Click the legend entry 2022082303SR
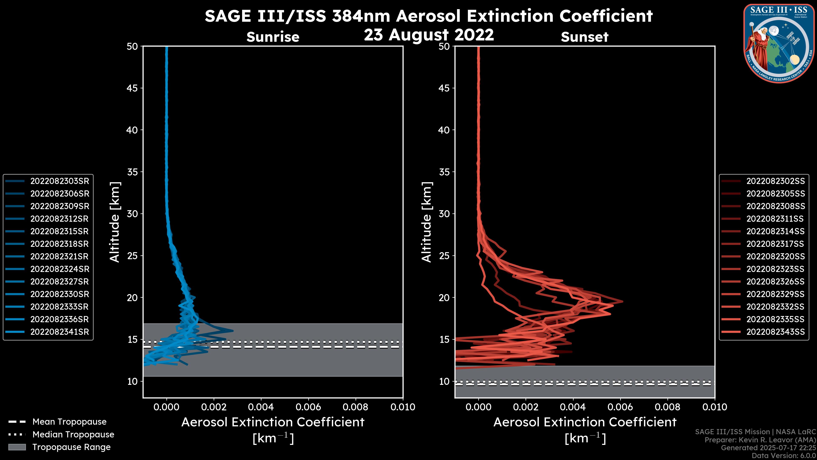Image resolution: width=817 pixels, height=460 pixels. [60, 181]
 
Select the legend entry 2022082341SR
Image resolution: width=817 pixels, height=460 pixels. [60, 332]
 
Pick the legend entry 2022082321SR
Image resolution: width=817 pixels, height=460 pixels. [60, 256]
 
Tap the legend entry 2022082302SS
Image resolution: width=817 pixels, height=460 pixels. [776, 181]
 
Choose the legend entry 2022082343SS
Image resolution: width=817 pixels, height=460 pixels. [776, 332]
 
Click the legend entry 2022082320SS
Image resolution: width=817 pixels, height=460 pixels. [776, 256]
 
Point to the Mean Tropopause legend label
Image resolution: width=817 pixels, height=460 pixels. [69, 422]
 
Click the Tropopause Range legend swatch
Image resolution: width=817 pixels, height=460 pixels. [17, 447]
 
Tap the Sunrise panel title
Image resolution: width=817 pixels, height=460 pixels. [273, 37]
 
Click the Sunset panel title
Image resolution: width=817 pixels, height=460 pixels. [584, 37]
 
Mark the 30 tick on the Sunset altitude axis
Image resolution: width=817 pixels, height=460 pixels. [444, 214]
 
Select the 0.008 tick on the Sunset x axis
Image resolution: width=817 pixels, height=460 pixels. [668, 407]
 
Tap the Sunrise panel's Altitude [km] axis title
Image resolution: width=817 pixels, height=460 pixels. [114, 222]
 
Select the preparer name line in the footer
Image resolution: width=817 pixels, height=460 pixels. [760, 440]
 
